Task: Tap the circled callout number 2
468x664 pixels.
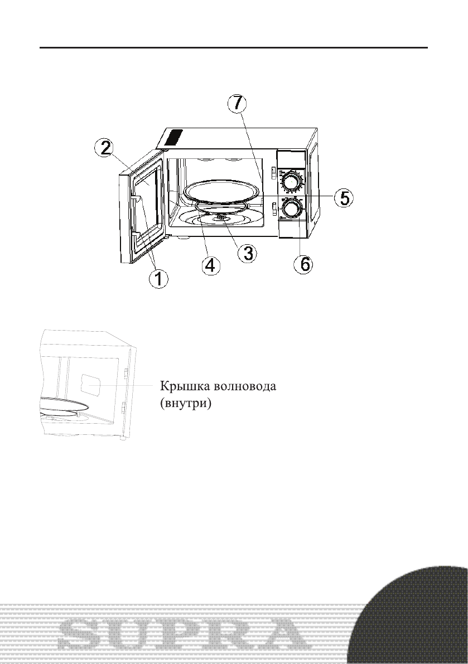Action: [104, 148]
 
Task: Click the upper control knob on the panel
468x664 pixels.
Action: [291, 182]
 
